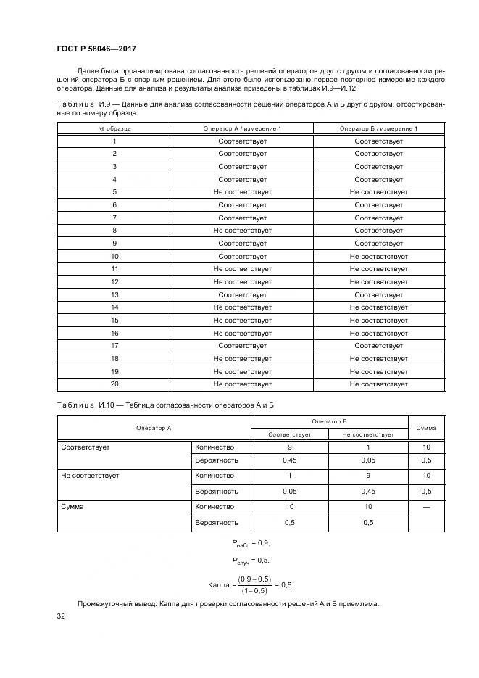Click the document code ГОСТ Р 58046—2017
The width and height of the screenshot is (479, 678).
pos(97,49)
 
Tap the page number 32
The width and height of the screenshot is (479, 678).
pos(61,616)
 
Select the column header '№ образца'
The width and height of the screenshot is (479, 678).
pos(114,128)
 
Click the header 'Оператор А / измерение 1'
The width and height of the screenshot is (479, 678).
pos(242,128)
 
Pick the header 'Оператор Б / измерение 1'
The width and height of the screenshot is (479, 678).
pos(378,128)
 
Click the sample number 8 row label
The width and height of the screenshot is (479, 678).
pos(114,231)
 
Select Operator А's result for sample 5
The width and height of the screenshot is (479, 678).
pos(242,192)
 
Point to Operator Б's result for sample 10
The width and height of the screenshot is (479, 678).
pos(378,256)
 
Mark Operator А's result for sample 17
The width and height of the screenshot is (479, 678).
pos(242,346)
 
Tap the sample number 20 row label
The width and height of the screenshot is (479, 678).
pos(114,384)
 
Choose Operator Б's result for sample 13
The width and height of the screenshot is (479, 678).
pos(378,294)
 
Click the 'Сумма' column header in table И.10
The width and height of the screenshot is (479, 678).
pos(426,428)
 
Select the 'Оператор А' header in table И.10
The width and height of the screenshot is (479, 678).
pos(154,428)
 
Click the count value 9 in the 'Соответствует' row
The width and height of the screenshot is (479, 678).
pos(289,447)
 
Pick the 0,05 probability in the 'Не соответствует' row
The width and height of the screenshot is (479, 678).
pos(289,491)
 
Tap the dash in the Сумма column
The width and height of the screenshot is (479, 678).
pos(426,507)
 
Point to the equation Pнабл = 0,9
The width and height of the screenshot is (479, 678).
pos(251,542)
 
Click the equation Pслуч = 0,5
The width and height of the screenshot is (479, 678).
pos(251,560)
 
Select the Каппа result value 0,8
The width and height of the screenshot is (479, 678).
pos(287,584)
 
